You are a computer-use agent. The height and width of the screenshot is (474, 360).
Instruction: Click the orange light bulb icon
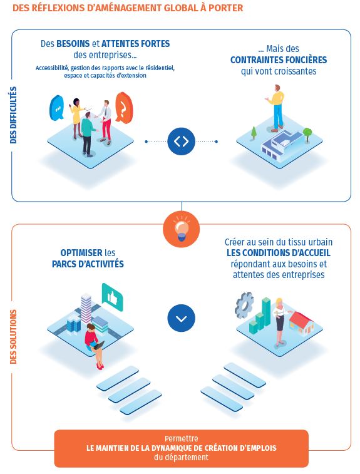(x=181, y=229)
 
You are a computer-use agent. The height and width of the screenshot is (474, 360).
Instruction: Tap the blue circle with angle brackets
(x=182, y=142)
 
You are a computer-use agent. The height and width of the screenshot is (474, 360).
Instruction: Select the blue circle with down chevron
(x=182, y=318)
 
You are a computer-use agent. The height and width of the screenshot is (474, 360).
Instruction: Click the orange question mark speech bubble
(x=124, y=108)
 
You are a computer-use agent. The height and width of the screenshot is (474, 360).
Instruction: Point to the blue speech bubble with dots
(x=57, y=108)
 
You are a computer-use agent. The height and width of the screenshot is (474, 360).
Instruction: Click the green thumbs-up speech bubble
(x=113, y=297)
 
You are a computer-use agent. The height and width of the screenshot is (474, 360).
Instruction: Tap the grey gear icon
(x=244, y=305)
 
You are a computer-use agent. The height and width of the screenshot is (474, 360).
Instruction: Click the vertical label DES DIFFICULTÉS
(x=13, y=115)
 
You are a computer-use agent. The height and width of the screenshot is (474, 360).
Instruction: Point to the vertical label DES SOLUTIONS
(x=13, y=337)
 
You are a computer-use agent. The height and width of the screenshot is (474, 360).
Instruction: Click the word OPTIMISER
(x=81, y=253)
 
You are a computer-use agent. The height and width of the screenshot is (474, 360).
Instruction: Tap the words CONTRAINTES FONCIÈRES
(x=279, y=60)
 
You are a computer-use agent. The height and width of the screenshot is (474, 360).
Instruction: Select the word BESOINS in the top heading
(x=73, y=44)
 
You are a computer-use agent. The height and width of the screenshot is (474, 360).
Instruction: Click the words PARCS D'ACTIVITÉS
(x=88, y=264)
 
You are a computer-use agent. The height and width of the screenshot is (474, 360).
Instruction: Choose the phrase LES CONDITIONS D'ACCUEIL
(x=279, y=253)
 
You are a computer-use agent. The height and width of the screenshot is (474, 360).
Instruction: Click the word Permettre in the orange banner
(x=182, y=439)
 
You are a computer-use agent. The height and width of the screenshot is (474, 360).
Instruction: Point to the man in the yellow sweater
(x=275, y=108)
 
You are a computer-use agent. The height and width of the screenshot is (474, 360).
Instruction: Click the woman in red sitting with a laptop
(x=95, y=346)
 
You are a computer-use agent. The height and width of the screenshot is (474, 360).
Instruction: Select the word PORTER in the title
(x=226, y=8)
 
